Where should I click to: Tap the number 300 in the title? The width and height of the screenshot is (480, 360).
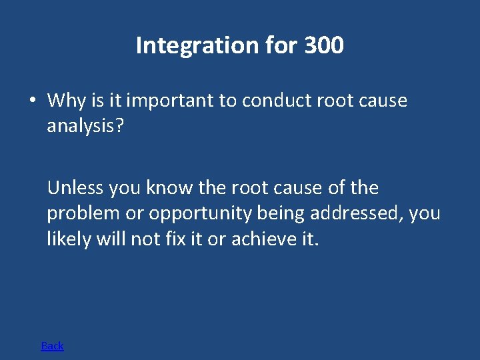tap(323, 45)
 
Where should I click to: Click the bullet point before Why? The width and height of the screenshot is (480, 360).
tap(32, 101)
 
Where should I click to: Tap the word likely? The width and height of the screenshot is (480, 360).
tap(69, 239)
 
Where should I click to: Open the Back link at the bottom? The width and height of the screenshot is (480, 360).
tap(52, 345)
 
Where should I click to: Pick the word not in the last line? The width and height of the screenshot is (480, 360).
tap(145, 239)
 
